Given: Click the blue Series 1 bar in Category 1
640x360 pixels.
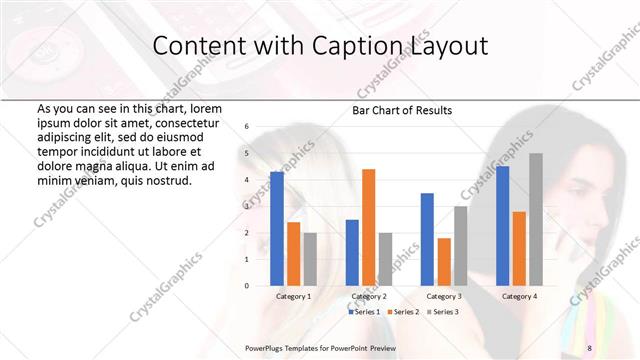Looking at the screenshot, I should point(277,229).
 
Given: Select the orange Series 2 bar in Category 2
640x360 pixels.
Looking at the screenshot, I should point(368,227).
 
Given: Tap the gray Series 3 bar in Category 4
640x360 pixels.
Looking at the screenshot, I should point(536,219).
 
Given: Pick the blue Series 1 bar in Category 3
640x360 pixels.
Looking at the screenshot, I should point(427,239).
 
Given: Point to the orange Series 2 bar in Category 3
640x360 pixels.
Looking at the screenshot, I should point(443,262).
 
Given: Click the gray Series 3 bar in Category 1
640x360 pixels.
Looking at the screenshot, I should point(310,259).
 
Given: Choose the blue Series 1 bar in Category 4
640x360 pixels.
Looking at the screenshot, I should point(502,226).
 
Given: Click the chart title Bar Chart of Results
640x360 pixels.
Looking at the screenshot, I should point(402,110).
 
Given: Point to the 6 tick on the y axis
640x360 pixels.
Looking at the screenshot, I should point(246,127).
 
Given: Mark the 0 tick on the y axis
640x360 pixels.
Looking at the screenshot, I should point(246,286).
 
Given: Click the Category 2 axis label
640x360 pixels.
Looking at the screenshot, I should point(369,297).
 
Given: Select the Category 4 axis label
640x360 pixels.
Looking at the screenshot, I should point(518,297).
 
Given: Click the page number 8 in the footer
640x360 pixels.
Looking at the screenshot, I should point(589,348).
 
